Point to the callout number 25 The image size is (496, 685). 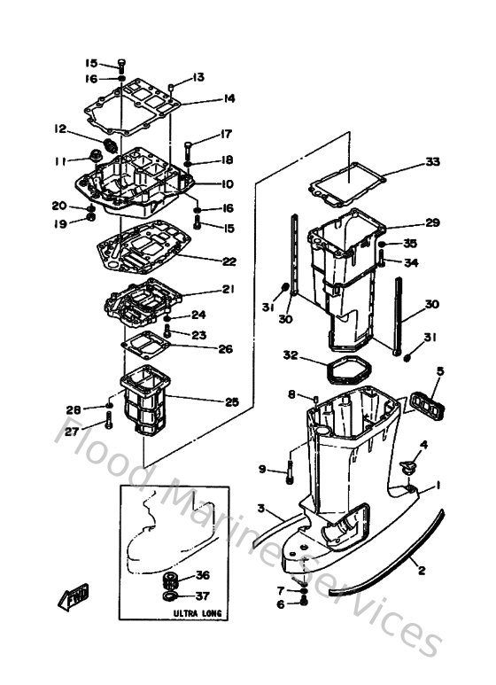231,401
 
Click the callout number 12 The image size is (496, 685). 60,129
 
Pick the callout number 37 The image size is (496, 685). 203,595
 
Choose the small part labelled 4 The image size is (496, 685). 408,464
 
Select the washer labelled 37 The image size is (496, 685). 169,596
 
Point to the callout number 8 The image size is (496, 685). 291,394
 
